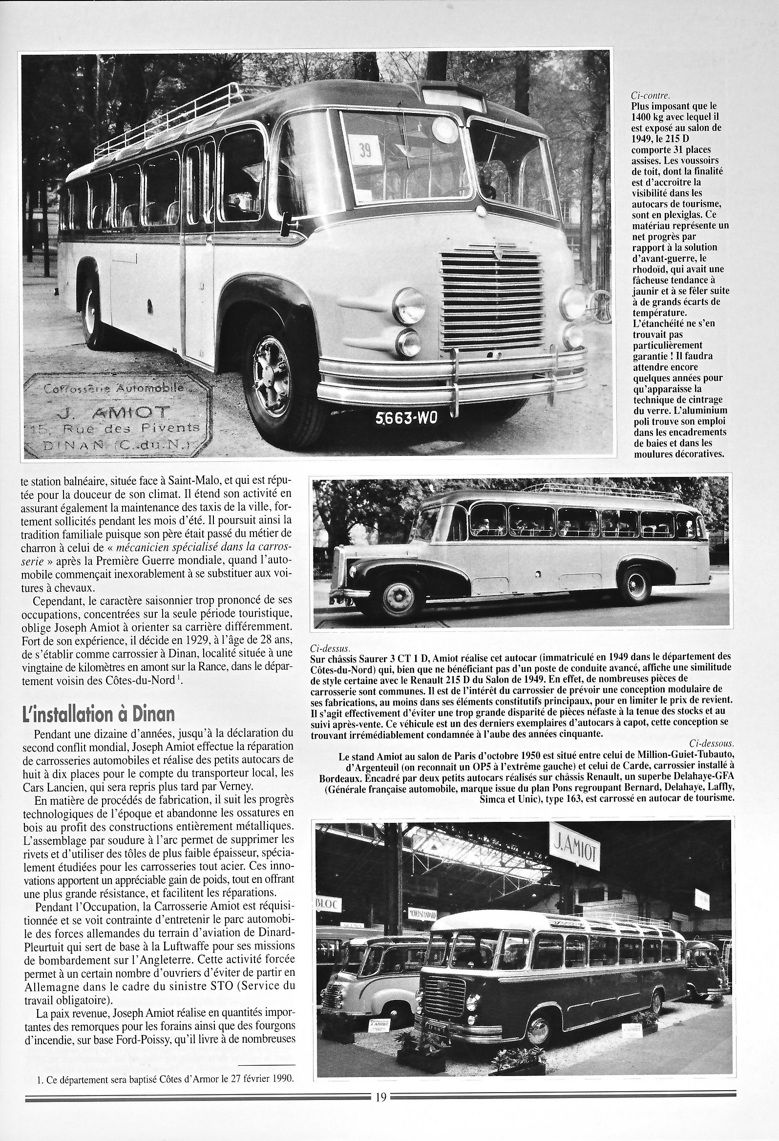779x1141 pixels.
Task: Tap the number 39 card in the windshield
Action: [x=365, y=149]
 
